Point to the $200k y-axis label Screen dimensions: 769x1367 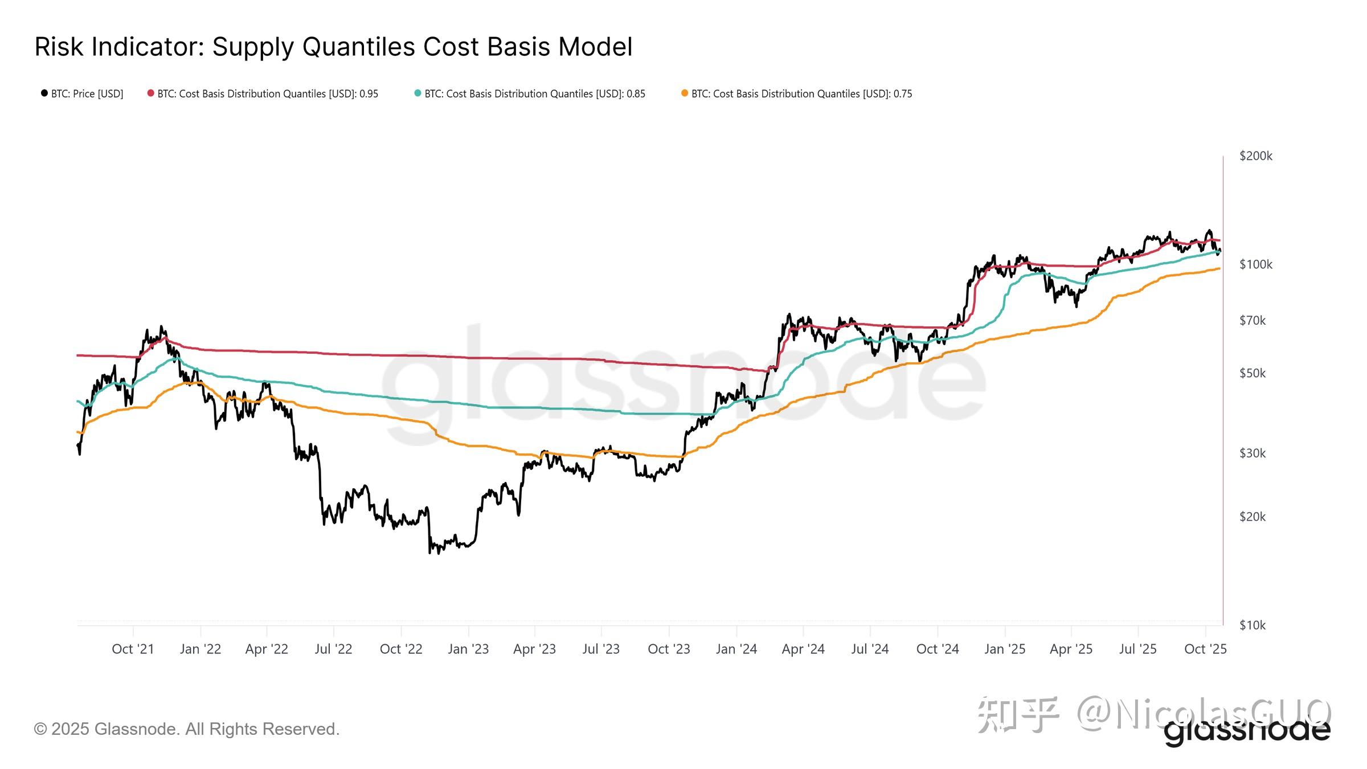(1255, 156)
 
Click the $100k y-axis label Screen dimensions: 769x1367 (1255, 264)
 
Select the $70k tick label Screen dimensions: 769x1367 (1252, 321)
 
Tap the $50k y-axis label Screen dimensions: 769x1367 (1252, 373)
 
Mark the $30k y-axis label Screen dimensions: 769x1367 (1252, 453)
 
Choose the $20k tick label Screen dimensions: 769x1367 (1252, 517)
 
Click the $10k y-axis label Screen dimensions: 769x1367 (1252, 625)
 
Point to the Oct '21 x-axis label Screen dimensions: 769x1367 (133, 649)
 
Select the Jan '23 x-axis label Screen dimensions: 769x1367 (468, 649)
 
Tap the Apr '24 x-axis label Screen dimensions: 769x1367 (803, 649)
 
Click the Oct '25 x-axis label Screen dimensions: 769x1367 (1205, 649)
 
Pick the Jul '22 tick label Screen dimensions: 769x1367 (333, 649)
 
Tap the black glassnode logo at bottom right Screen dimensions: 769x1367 (1247, 733)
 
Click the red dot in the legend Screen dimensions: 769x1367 (150, 93)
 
